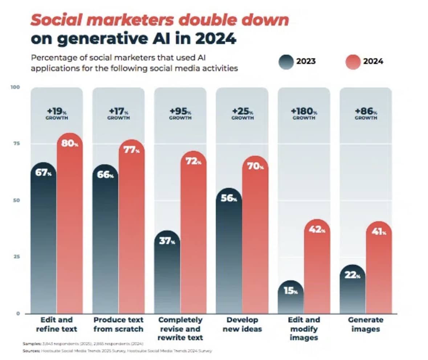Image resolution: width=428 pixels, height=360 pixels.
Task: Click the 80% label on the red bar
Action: point(70,143)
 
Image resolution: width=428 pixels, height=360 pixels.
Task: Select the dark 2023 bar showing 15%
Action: point(290,298)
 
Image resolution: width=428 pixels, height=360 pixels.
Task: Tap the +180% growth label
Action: point(304,114)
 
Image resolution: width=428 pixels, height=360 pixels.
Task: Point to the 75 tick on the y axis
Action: point(15,144)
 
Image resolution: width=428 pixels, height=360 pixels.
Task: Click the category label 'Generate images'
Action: point(365,324)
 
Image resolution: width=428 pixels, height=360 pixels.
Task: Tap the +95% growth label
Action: point(180,114)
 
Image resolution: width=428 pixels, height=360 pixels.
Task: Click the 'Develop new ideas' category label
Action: point(242,324)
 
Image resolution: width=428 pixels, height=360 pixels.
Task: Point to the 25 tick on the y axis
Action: point(15,257)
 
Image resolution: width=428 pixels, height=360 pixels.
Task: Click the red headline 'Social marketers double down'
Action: point(160,20)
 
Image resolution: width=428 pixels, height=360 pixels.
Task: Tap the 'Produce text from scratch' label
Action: point(118,324)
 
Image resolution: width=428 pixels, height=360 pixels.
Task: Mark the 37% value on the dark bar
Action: point(167,241)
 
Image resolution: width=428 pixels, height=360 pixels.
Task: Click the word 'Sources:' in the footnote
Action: point(31,351)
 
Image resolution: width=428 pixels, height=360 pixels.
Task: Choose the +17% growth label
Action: point(118,114)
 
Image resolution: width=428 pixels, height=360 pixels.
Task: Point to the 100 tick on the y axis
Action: point(15,87)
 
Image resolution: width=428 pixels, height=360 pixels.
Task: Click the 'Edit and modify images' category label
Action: point(303,329)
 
